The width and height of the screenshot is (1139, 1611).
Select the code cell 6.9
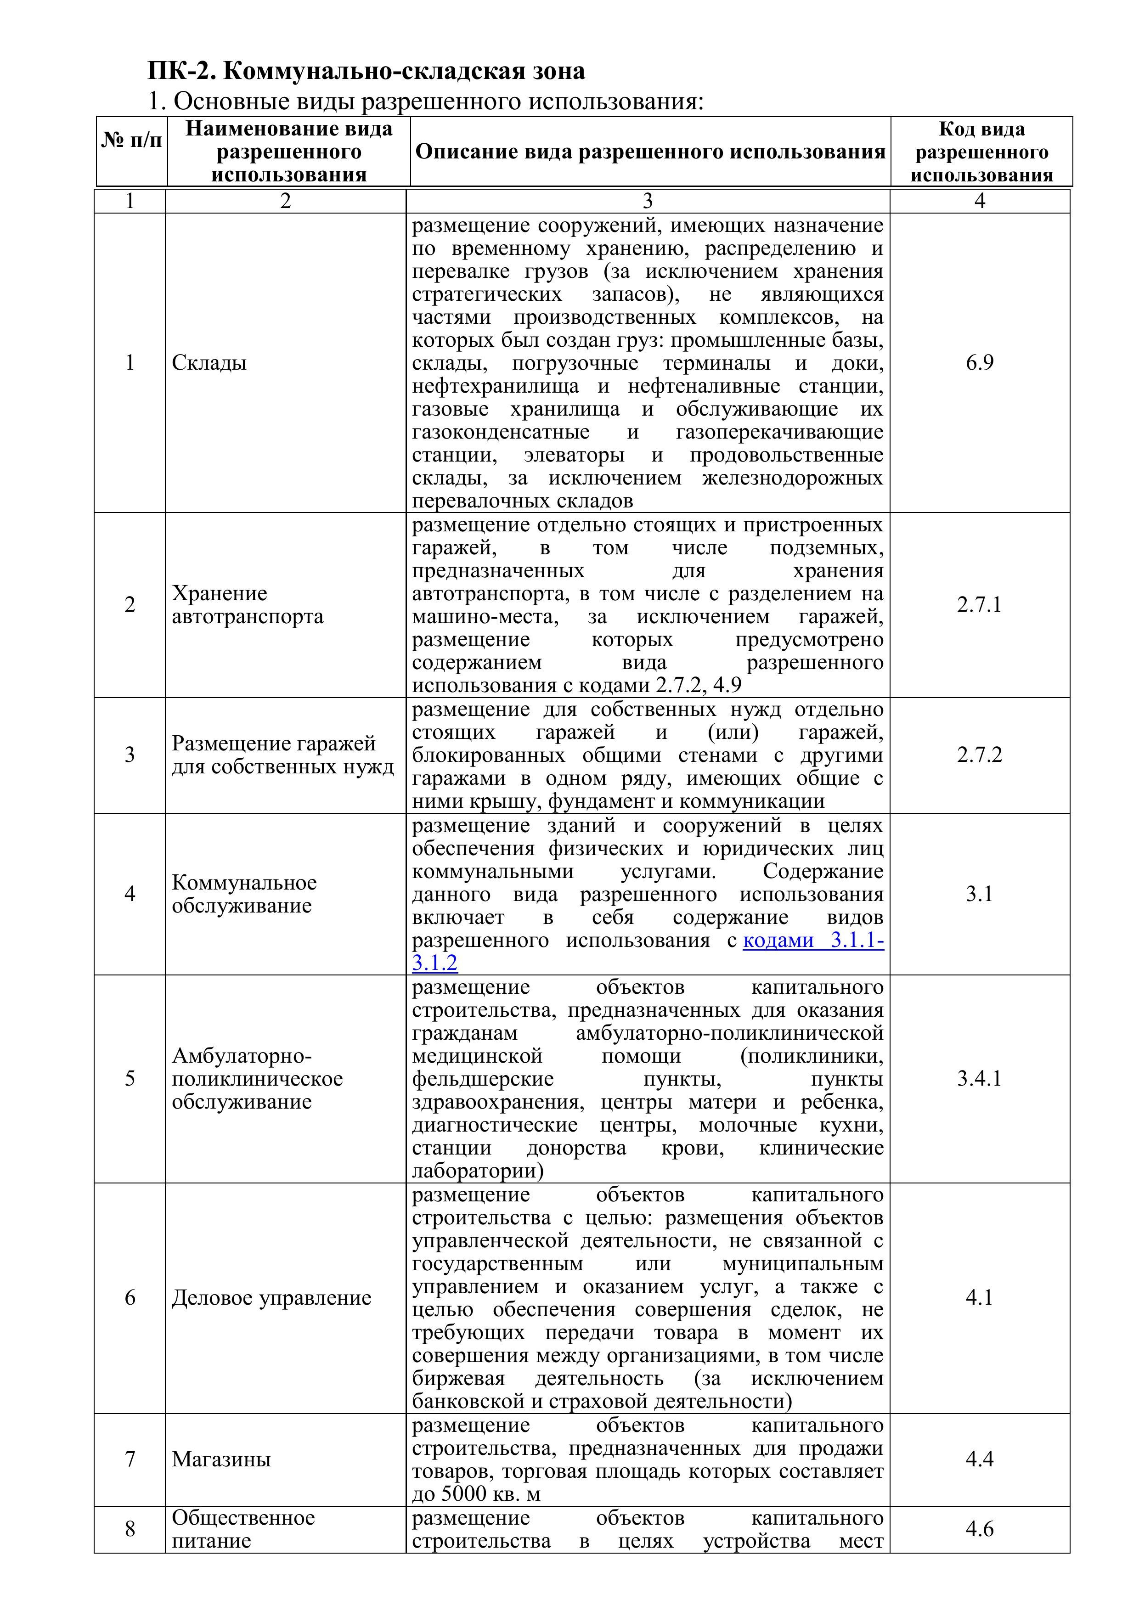(x=979, y=363)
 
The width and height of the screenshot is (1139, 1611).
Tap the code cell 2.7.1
(x=979, y=604)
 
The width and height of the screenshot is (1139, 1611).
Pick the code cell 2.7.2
(x=979, y=755)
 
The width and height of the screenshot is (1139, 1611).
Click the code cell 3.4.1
(x=979, y=1078)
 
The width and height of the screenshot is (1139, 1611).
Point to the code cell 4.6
(x=979, y=1529)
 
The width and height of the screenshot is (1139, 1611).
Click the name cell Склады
(x=209, y=363)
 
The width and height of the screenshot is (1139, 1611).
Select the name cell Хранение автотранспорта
(x=247, y=605)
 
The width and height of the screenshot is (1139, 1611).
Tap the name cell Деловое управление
(x=271, y=1298)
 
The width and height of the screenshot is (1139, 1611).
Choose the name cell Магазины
(x=221, y=1459)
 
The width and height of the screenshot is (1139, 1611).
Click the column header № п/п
(x=131, y=141)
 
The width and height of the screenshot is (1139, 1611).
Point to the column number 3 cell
(x=647, y=201)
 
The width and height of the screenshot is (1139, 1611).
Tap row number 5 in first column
(x=130, y=1078)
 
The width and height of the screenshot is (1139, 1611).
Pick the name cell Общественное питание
(x=243, y=1529)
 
